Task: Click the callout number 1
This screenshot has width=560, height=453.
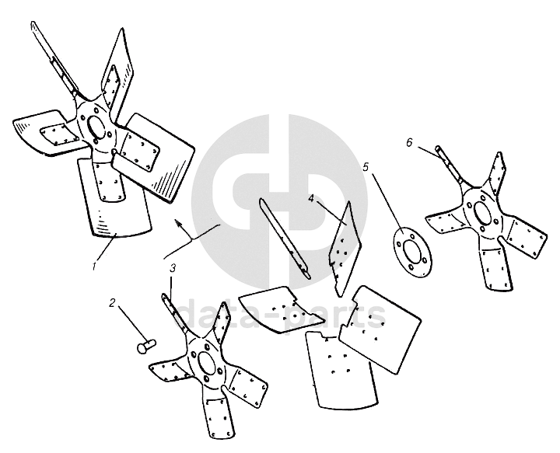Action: (x=94, y=266)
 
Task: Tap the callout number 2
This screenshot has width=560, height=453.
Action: (x=113, y=303)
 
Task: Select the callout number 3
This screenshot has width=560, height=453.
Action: (x=173, y=268)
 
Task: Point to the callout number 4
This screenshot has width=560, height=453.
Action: (x=311, y=198)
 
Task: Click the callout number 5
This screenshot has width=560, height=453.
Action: (x=366, y=167)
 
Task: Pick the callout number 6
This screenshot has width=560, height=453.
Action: (x=409, y=142)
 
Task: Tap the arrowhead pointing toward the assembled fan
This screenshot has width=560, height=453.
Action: (x=180, y=225)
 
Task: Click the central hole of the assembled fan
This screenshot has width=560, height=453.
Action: (x=96, y=127)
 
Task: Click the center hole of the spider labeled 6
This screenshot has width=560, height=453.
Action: (x=482, y=214)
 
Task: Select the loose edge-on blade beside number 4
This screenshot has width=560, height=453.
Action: (x=345, y=249)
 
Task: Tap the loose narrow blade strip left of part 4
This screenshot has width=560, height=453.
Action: (x=285, y=239)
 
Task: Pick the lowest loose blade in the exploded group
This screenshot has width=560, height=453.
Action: (x=341, y=369)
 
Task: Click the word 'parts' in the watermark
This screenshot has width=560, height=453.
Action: (x=334, y=315)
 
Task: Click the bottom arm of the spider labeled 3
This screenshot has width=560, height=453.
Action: (x=218, y=414)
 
